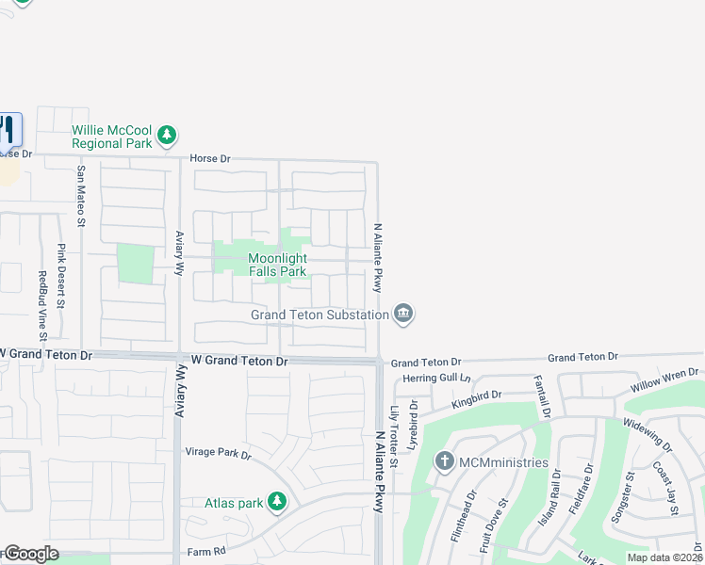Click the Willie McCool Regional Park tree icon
pyautogui.click(x=167, y=137)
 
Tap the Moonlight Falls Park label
pyautogui.click(x=277, y=265)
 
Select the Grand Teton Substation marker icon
pyautogui.click(x=403, y=315)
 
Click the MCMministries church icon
pyautogui.click(x=445, y=461)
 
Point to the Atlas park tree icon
pyautogui.click(x=277, y=503)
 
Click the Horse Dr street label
pyautogui.click(x=209, y=159)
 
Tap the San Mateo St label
pyautogui.click(x=81, y=197)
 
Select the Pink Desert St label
pyautogui.click(x=61, y=276)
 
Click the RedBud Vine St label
pyautogui.click(x=41, y=306)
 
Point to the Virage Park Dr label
pyautogui.click(x=218, y=454)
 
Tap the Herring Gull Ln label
pyautogui.click(x=435, y=378)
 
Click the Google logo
pyautogui.click(x=31, y=554)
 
